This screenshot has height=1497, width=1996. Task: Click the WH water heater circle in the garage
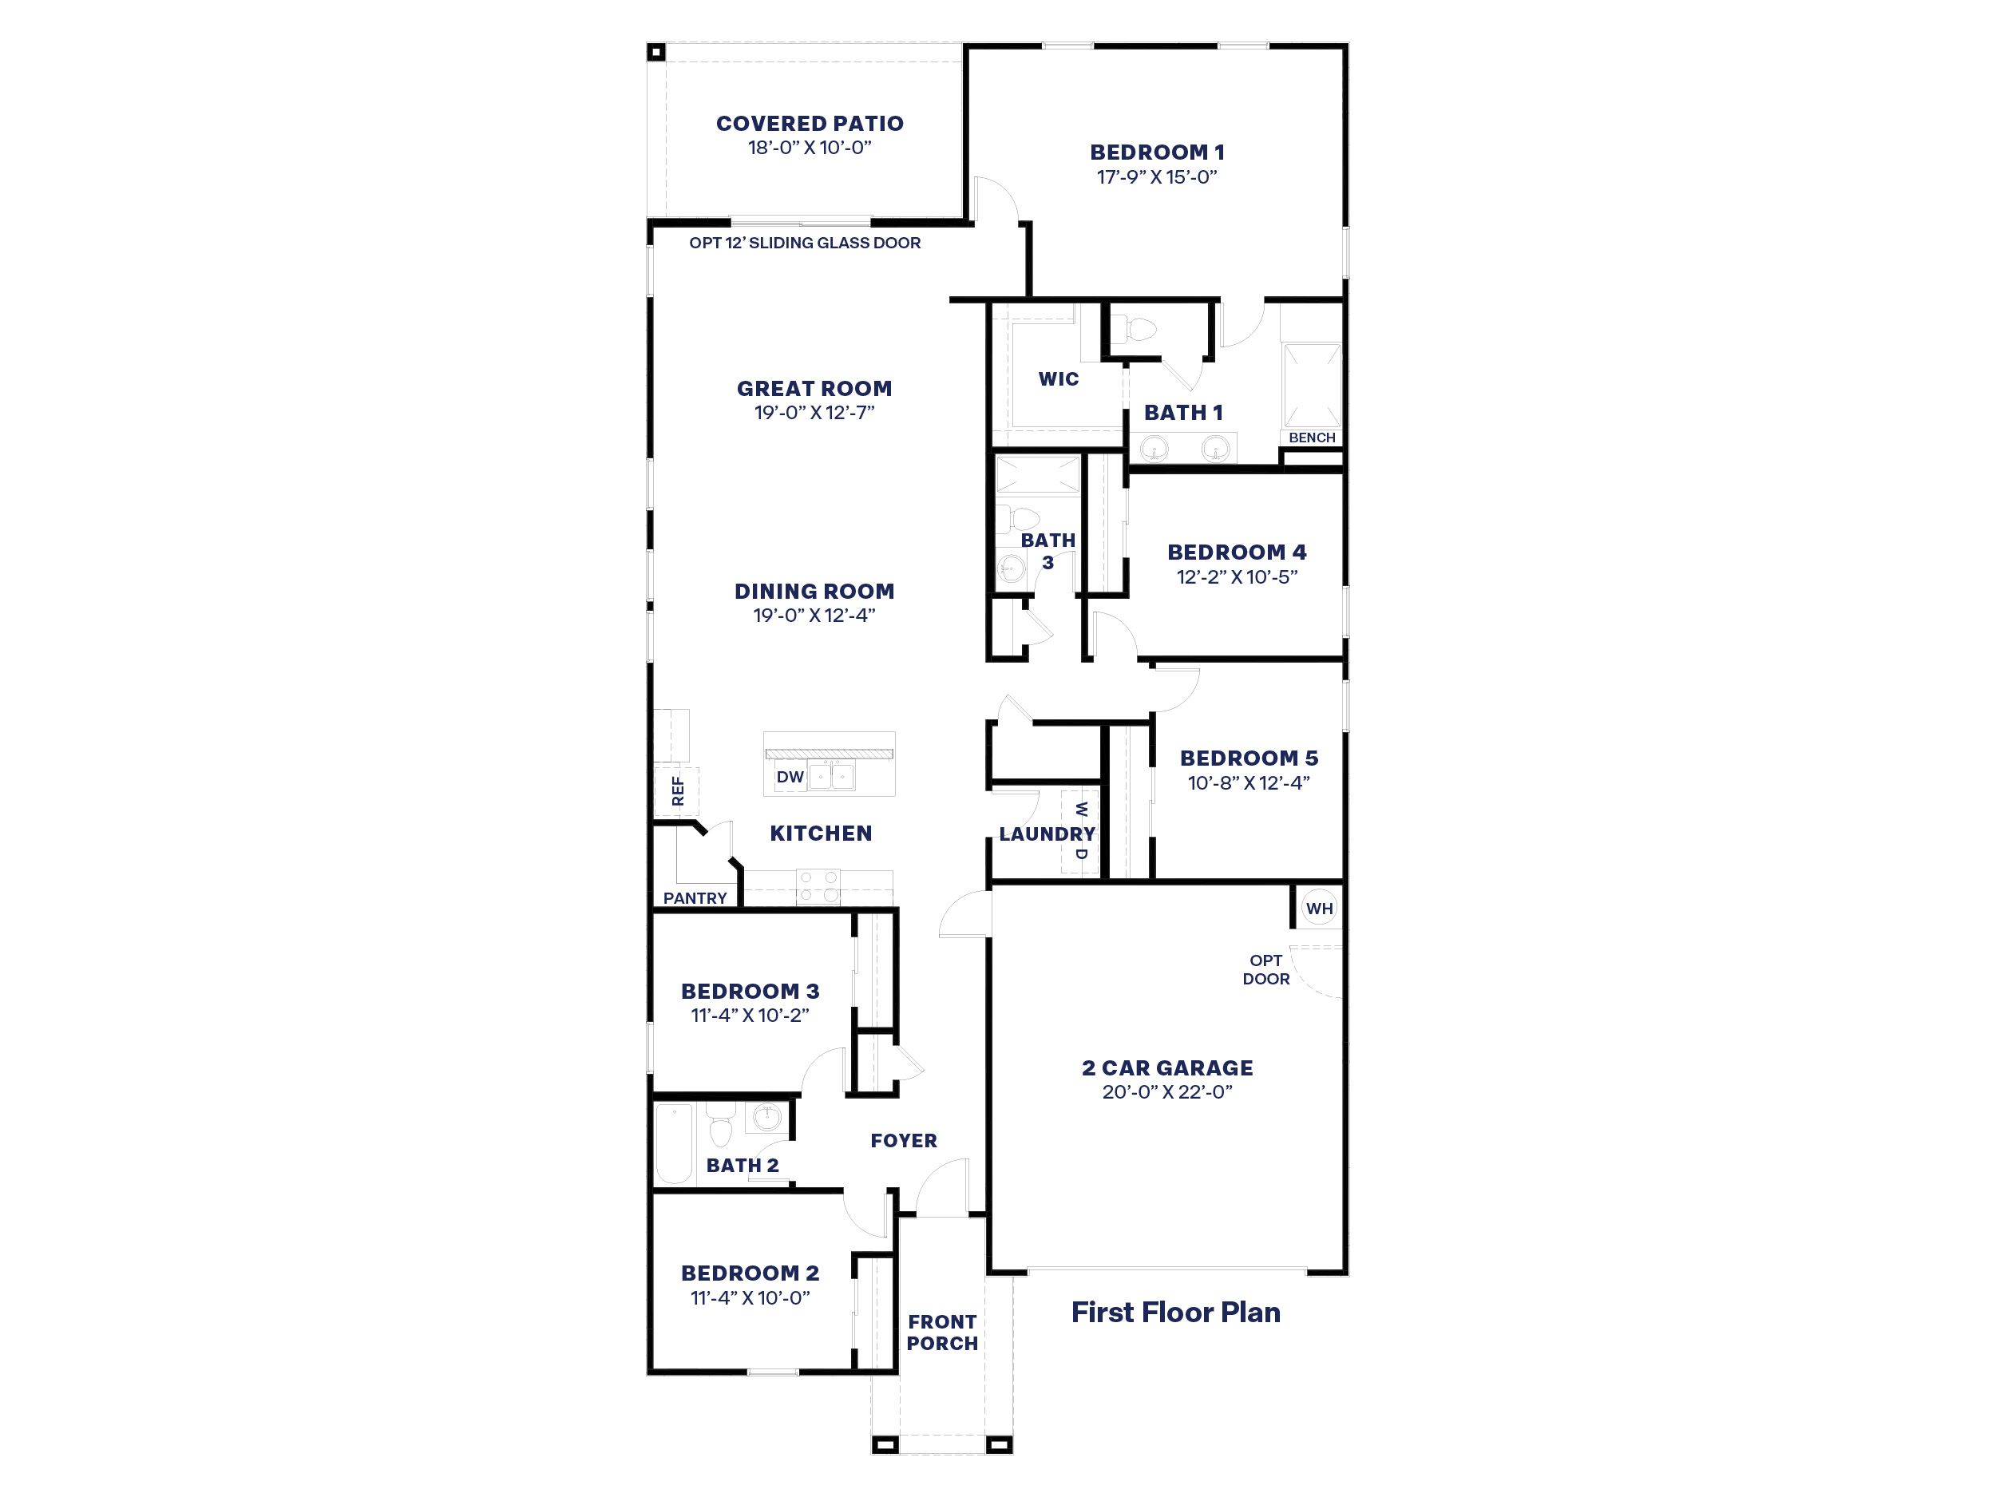point(1318,909)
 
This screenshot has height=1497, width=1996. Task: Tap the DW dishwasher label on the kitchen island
point(790,777)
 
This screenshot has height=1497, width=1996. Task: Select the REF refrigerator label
point(678,791)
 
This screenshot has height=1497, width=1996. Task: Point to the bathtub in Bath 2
point(673,1143)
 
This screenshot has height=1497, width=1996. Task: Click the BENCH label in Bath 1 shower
point(1311,438)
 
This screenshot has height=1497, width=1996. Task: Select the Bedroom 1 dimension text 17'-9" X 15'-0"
point(1157,177)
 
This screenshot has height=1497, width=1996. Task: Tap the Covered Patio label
point(810,124)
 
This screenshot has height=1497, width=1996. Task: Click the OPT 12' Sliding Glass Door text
point(805,243)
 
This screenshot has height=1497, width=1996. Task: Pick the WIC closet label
point(1059,379)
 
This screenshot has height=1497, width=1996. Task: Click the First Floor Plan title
point(1175,1312)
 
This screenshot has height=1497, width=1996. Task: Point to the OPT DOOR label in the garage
point(1265,969)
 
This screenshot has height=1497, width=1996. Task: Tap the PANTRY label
point(695,898)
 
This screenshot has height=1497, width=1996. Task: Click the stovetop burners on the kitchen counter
point(818,886)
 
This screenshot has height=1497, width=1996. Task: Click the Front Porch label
point(942,1332)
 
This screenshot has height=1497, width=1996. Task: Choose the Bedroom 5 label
point(1248,758)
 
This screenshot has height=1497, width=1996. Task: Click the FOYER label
point(903,1141)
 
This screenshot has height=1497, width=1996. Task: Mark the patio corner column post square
point(656,53)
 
